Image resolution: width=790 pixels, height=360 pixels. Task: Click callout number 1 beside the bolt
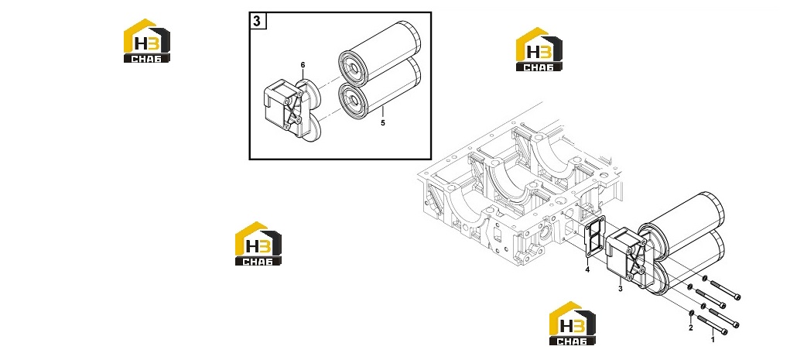click(x=713, y=341)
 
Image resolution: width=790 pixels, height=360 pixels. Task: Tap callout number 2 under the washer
click(x=691, y=328)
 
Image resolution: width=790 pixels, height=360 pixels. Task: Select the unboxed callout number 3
click(x=621, y=289)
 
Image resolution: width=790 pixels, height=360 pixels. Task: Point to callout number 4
click(x=587, y=270)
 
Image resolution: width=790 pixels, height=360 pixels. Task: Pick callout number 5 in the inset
click(x=383, y=123)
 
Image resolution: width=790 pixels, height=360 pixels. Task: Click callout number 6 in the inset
click(x=303, y=65)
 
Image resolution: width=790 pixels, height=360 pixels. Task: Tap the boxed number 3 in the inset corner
click(x=258, y=21)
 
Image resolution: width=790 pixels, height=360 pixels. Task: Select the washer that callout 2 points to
click(x=692, y=316)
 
